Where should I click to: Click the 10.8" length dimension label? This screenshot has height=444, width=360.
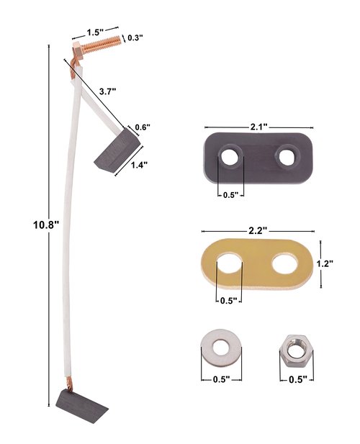pyautogui.click(x=46, y=225)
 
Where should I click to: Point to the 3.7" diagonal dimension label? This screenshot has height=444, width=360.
pyautogui.click(x=107, y=91)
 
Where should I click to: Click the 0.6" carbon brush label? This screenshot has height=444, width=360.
pyautogui.click(x=142, y=127)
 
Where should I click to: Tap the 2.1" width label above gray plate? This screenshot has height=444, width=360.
pyautogui.click(x=259, y=127)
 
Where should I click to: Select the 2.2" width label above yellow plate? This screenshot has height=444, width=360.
pyautogui.click(x=258, y=230)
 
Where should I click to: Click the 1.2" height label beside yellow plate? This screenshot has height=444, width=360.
pyautogui.click(x=325, y=263)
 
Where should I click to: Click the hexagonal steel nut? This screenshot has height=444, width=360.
pyautogui.click(x=296, y=351)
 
